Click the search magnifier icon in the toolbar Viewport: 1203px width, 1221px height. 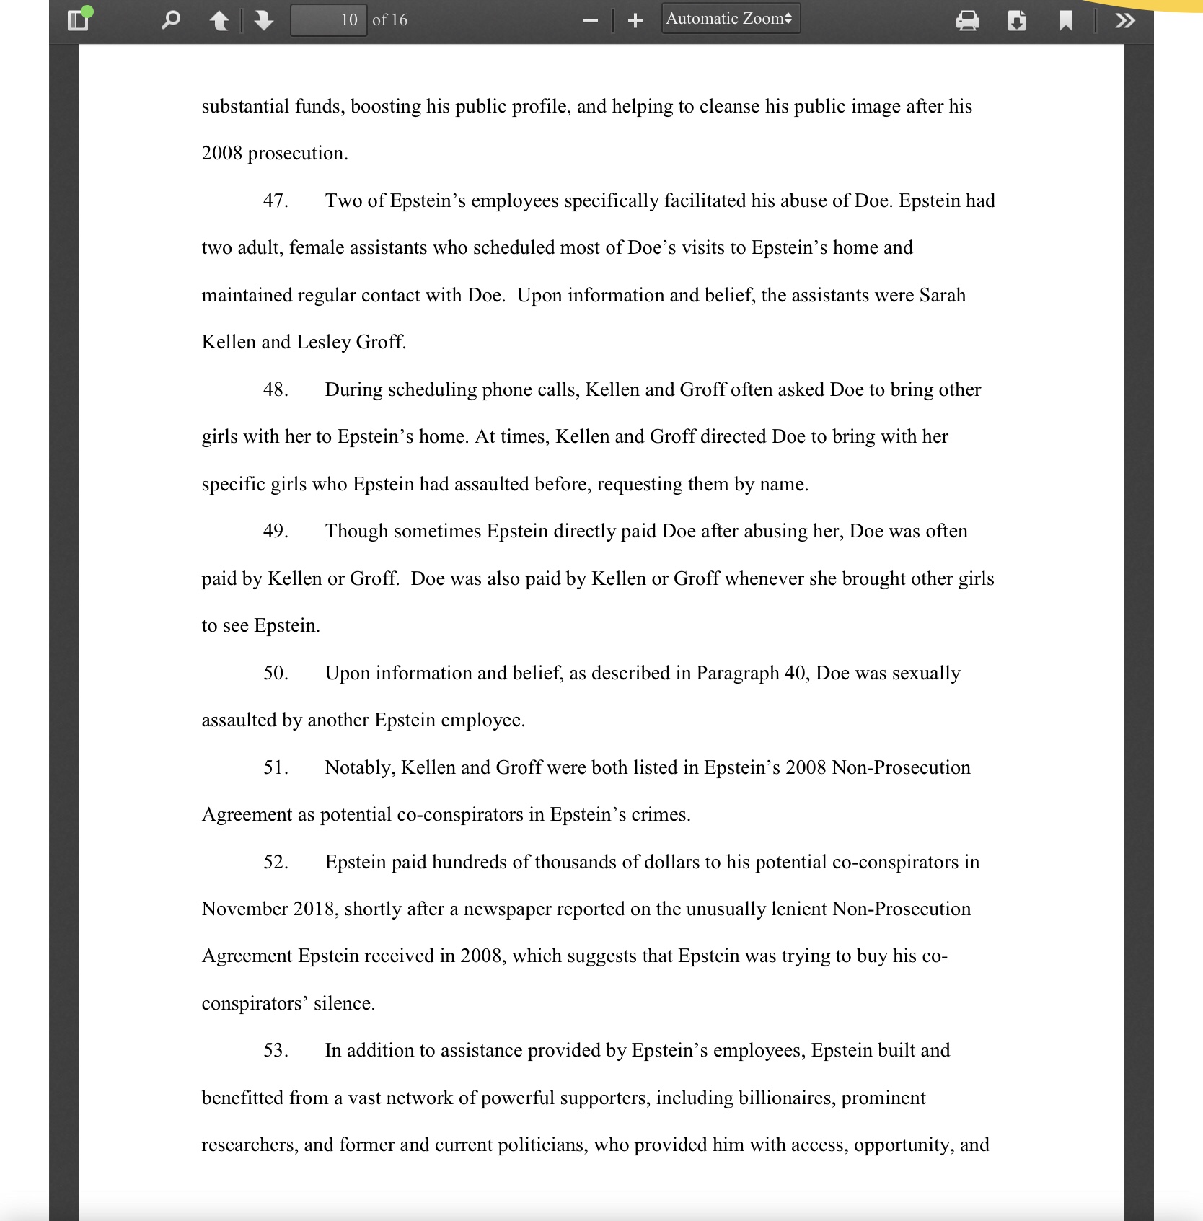(x=170, y=20)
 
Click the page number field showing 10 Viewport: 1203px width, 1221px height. (x=329, y=20)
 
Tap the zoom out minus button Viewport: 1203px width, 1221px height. (x=591, y=21)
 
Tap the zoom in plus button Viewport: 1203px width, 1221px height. (x=635, y=21)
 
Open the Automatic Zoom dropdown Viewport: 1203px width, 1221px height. (x=730, y=19)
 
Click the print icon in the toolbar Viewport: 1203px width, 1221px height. (x=967, y=21)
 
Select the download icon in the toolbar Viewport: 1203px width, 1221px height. (x=1017, y=21)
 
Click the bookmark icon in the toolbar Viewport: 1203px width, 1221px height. (x=1066, y=21)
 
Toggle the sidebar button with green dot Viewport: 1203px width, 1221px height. (x=78, y=19)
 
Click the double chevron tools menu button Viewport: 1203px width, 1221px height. (x=1124, y=21)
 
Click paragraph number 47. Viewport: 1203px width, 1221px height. (x=276, y=200)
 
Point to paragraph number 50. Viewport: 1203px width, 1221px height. (x=276, y=673)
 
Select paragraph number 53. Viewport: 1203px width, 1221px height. (x=276, y=1050)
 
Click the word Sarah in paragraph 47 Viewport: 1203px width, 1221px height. (x=942, y=295)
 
